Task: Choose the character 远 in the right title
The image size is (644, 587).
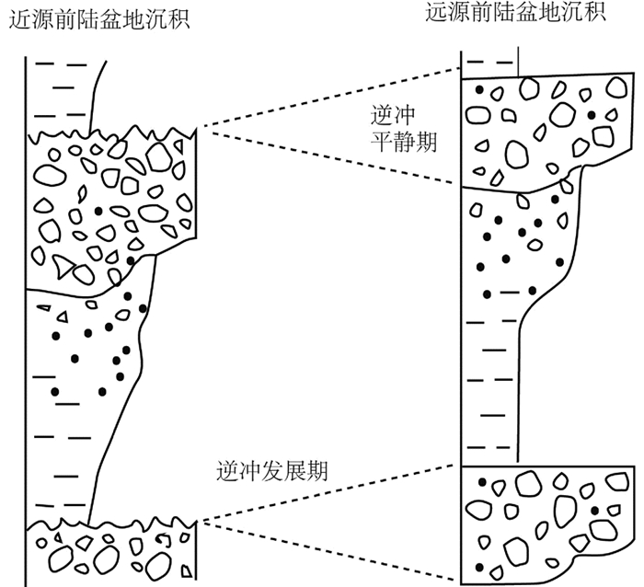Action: (438, 13)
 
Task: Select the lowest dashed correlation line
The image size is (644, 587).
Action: (331, 551)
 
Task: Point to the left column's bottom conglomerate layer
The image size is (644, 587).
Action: (110, 552)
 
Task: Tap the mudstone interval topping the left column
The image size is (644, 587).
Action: (60, 92)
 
